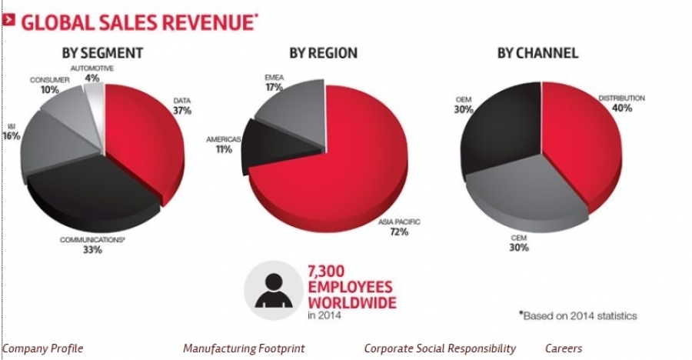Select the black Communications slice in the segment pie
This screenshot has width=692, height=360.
pyautogui.click(x=88, y=188)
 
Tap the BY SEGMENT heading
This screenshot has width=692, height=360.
pyautogui.click(x=101, y=54)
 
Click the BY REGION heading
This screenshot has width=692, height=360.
pyautogui.click(x=323, y=54)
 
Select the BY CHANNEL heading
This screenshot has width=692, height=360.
pyautogui.click(x=537, y=54)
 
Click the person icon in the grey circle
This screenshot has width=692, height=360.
pyautogui.click(x=272, y=290)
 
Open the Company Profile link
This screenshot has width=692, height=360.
pyautogui.click(x=43, y=348)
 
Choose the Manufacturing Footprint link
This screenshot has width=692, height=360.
pyautogui.click(x=244, y=348)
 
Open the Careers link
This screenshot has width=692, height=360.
pyautogui.click(x=564, y=348)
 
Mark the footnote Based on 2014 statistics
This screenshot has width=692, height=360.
pyautogui.click(x=577, y=315)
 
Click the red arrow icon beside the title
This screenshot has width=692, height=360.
pyautogui.click(x=8, y=20)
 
